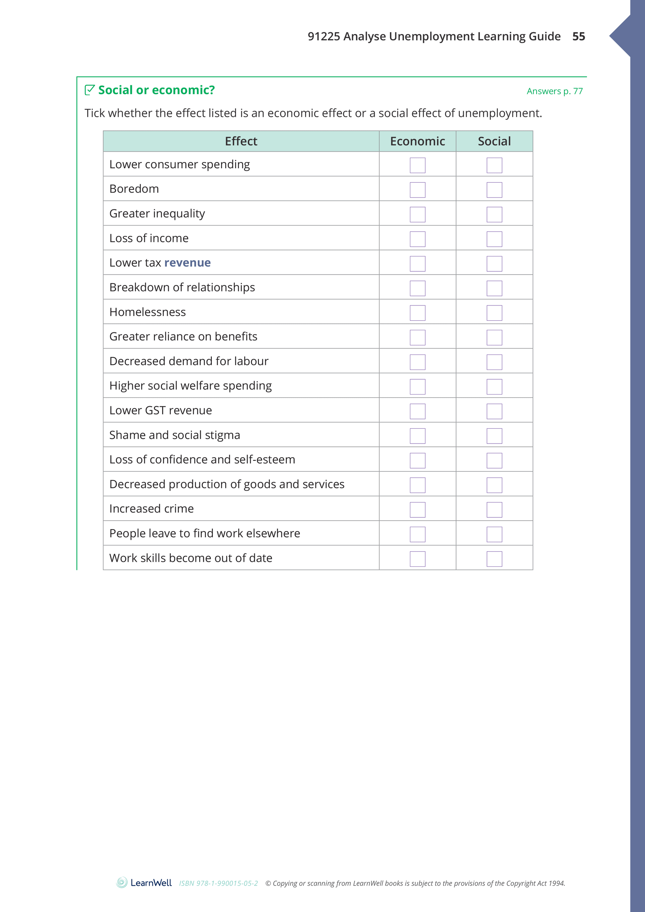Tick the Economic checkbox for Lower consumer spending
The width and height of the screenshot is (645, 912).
pos(417,165)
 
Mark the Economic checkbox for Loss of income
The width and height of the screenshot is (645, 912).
pos(417,239)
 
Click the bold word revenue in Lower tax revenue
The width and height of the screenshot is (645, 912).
pos(187,263)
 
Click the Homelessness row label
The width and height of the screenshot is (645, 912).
pos(147,312)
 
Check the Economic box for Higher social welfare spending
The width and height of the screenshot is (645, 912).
pos(417,387)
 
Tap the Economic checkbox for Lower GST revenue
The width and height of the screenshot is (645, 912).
pos(417,411)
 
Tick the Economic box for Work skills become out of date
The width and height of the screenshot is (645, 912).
pos(417,559)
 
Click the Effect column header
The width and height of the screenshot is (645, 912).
pos(241,141)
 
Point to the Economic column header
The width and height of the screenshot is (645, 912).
pos(417,141)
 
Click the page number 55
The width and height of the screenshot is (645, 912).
pos(578,36)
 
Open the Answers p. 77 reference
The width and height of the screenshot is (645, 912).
pos(555,91)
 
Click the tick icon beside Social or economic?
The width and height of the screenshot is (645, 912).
pos(90,90)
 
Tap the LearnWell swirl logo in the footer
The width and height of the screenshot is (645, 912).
pos(122,883)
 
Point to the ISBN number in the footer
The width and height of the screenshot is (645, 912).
pos(218,884)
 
